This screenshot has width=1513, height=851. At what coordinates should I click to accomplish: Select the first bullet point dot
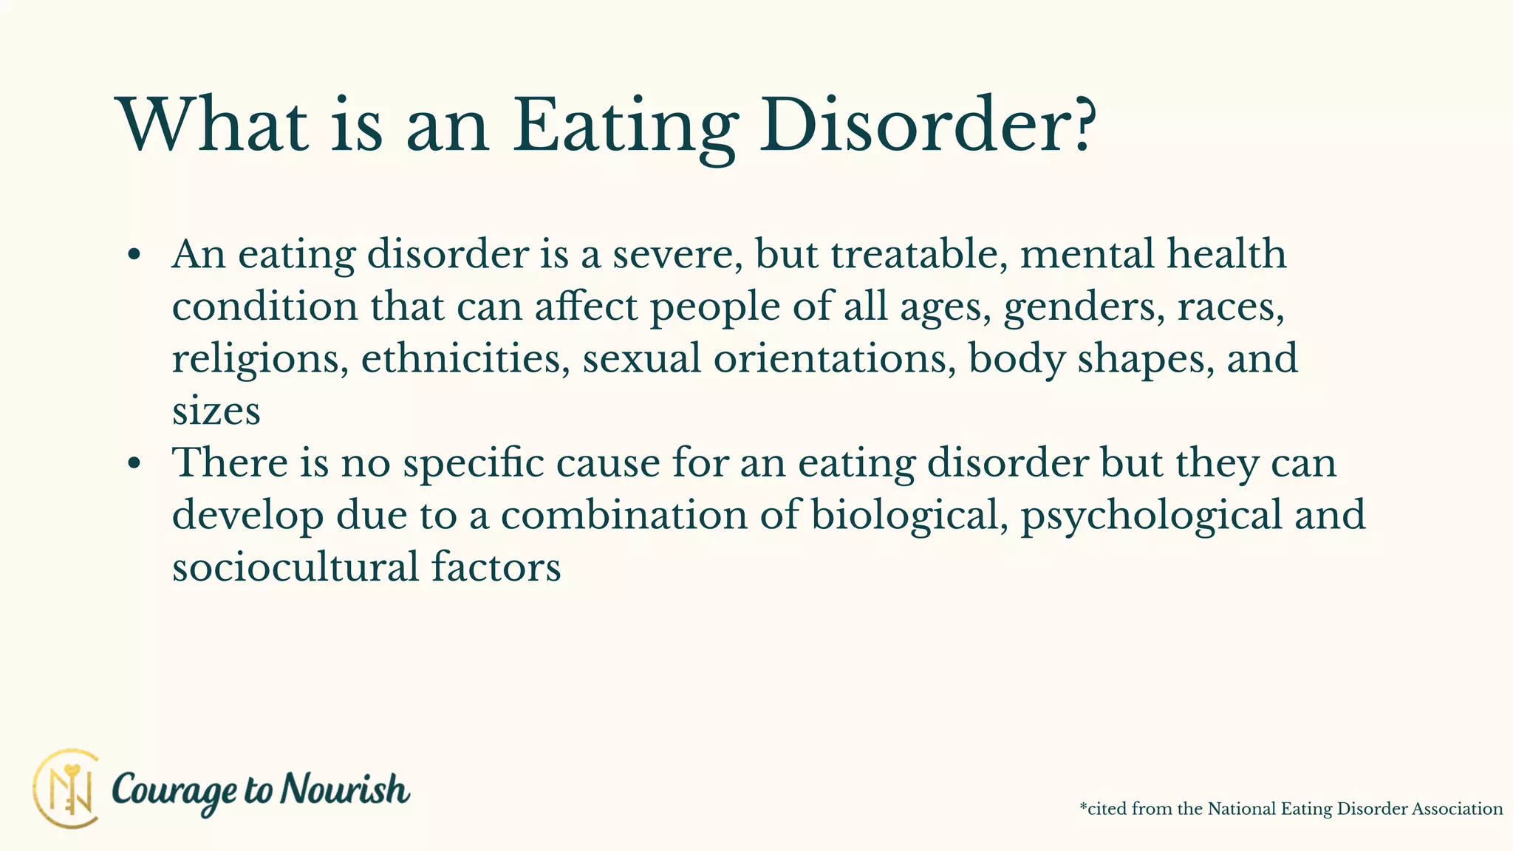pos(134,255)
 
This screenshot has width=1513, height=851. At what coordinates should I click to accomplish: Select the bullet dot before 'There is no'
pos(134,464)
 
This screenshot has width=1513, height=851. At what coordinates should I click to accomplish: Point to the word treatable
pos(919,254)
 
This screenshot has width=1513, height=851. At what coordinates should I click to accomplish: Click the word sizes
pos(216,411)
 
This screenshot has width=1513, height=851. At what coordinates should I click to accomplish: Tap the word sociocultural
pos(296,567)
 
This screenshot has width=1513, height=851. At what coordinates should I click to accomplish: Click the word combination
pos(624,515)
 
